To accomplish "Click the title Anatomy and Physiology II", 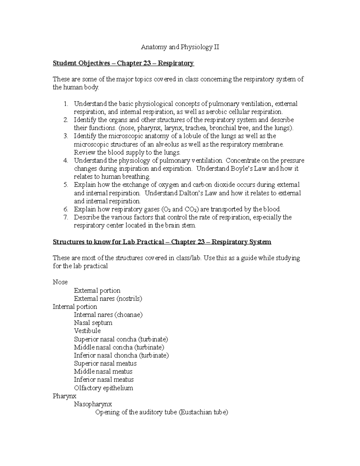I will (180, 47).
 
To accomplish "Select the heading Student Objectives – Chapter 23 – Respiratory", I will (123, 63).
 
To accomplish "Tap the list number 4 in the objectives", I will (66, 161).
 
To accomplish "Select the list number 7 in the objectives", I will (66, 217).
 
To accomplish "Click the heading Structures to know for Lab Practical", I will (162, 242).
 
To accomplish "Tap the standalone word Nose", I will (60, 282).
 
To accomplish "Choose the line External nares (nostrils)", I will (108, 299).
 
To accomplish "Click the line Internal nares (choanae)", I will (108, 315).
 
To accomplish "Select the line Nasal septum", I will (93, 323).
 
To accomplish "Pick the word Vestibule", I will (87, 331).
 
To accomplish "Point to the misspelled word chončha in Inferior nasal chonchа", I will (124, 356).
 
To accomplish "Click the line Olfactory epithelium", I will (103, 388).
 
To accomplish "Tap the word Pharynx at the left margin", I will (64, 396).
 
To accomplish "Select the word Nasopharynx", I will (93, 404).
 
